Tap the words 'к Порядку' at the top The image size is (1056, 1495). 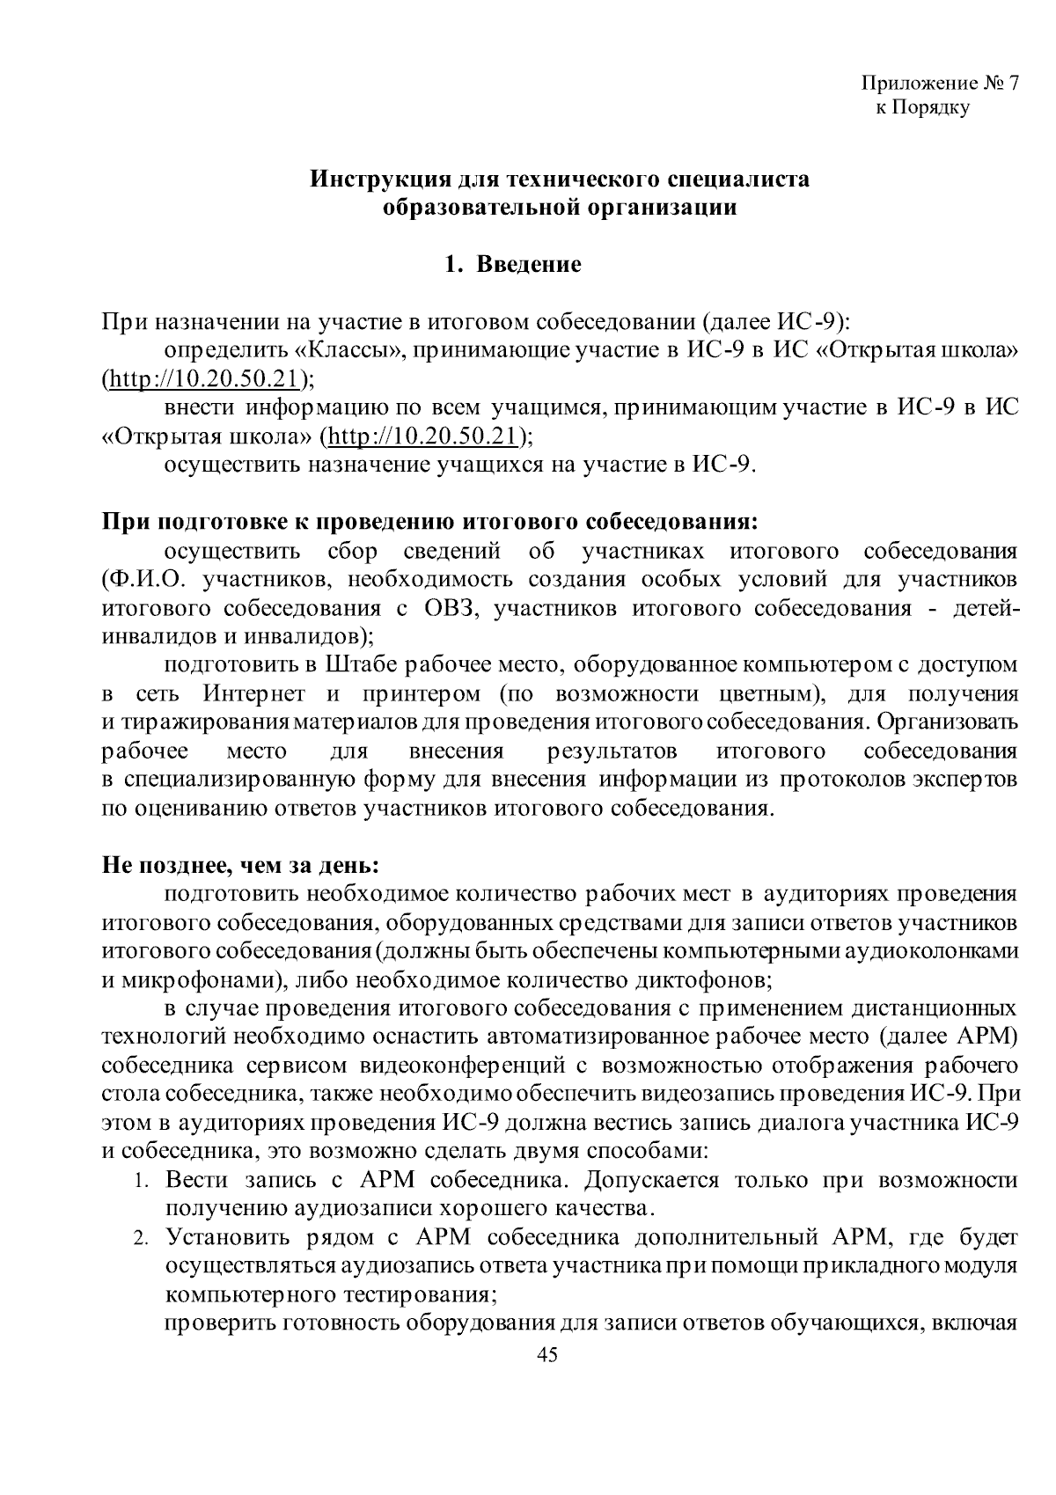[x=922, y=108]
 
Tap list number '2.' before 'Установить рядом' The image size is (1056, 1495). [x=143, y=1239]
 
